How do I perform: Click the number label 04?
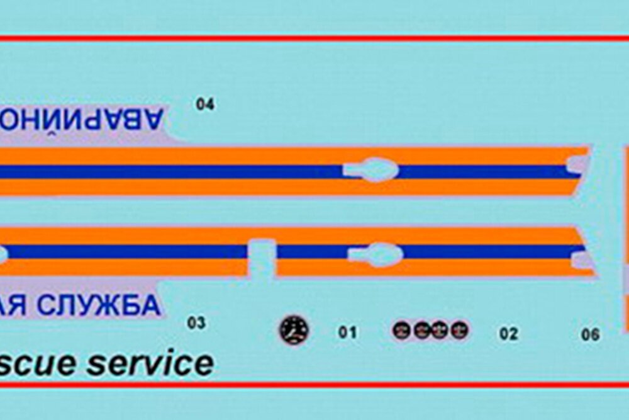coord(205,105)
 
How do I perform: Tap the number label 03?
coord(196,323)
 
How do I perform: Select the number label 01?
coord(347,332)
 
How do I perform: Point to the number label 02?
coord(508,334)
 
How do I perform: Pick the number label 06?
coord(590,334)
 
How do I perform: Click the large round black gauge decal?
coord(294,330)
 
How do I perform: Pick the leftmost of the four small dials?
coord(401,330)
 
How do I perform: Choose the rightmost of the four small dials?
coord(460,330)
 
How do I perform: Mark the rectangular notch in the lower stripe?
coord(261,258)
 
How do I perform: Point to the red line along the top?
coord(314,38)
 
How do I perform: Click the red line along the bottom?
coord(314,384)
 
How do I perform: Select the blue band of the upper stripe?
coord(189,171)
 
